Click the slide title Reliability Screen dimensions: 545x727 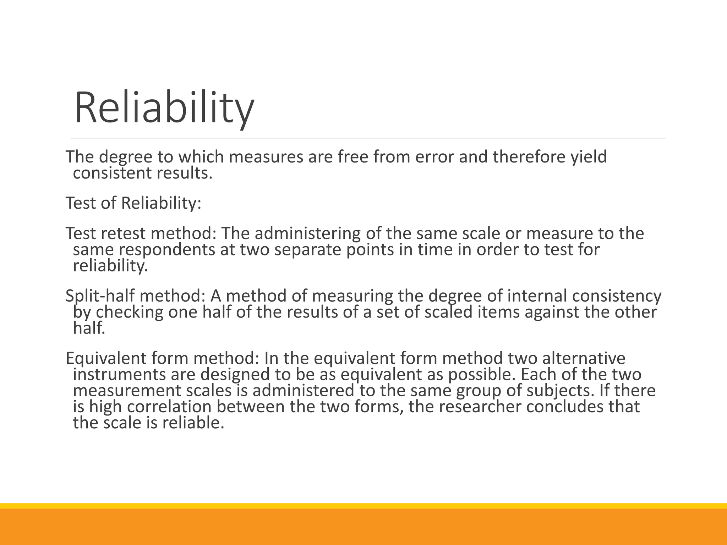(164, 108)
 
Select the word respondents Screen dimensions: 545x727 (167, 250)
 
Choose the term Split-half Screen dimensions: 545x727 (102, 296)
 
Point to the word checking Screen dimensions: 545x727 (130, 312)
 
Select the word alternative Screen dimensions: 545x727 (584, 358)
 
